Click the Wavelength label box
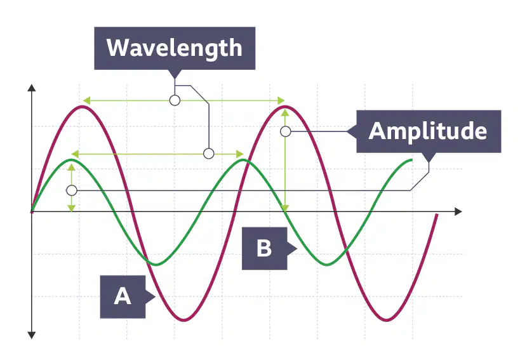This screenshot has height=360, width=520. pyautogui.click(x=175, y=48)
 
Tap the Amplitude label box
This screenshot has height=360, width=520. pyautogui.click(x=429, y=131)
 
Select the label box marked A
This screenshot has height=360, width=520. pyautogui.click(x=123, y=297)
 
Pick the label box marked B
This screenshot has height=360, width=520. pyautogui.click(x=264, y=248)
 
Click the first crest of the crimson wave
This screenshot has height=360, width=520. pyautogui.click(x=81, y=107)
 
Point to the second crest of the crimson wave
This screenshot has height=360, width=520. pyautogui.click(x=284, y=107)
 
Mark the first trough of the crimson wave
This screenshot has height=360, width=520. pyautogui.click(x=183, y=320)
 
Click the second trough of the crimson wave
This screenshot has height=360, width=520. pyautogui.click(x=387, y=320)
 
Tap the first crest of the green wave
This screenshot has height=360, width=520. pyautogui.click(x=72, y=160)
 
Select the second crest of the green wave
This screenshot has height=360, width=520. pyautogui.click(x=243, y=160)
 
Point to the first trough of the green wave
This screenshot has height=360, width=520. pyautogui.click(x=156, y=264)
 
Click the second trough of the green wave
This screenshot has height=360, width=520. pyautogui.click(x=327, y=264)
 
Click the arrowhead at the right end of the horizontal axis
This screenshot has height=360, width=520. pyautogui.click(x=458, y=211)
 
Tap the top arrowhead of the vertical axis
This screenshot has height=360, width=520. pyautogui.click(x=32, y=88)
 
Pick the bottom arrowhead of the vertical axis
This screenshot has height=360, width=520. pyautogui.click(x=32, y=335)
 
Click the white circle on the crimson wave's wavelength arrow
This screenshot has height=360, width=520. pyautogui.click(x=175, y=100)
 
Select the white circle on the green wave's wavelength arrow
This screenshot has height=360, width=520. pyautogui.click(x=209, y=154)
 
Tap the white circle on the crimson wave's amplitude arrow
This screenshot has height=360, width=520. pyautogui.click(x=286, y=131)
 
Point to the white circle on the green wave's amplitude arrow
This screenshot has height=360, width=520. pyautogui.click(x=72, y=190)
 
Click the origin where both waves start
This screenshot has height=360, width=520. pyautogui.click(x=32, y=211)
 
